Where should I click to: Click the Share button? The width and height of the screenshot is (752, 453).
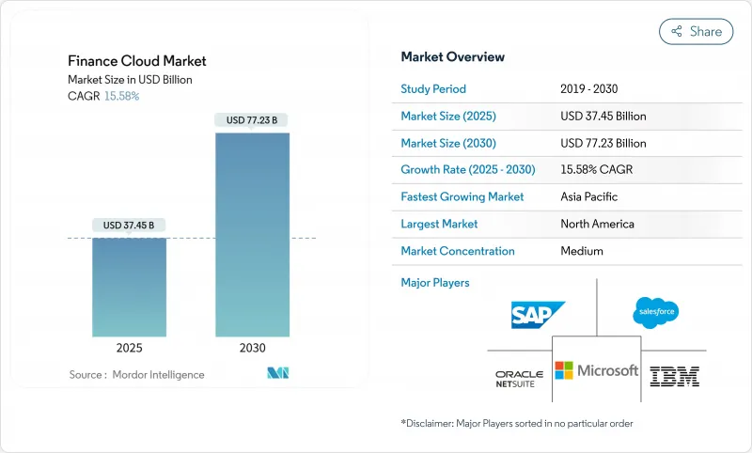[x=696, y=31]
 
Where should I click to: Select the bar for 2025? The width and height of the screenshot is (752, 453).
[x=130, y=287]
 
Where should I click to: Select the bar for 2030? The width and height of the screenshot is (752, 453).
[x=252, y=235]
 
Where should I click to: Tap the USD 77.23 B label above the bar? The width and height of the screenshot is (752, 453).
[x=252, y=120]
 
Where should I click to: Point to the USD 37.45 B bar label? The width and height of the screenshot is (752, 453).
[x=130, y=225]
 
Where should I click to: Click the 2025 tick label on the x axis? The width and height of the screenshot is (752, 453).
[x=130, y=348]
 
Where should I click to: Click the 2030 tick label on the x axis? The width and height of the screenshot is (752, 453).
[x=252, y=348]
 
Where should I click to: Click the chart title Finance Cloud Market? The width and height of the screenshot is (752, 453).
[x=137, y=61]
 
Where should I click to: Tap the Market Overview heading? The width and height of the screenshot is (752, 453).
[x=452, y=57]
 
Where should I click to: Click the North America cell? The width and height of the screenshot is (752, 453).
[x=597, y=224]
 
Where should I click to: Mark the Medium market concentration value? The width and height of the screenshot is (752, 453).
[x=583, y=251]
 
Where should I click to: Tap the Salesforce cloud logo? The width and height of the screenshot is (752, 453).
[x=655, y=312]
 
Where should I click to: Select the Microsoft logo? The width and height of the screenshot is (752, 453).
[x=596, y=370]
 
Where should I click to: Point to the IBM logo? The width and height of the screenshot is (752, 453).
[x=675, y=376]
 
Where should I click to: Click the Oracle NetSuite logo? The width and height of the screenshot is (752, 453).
[x=520, y=379]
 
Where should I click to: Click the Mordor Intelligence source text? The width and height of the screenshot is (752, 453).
[x=136, y=375]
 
